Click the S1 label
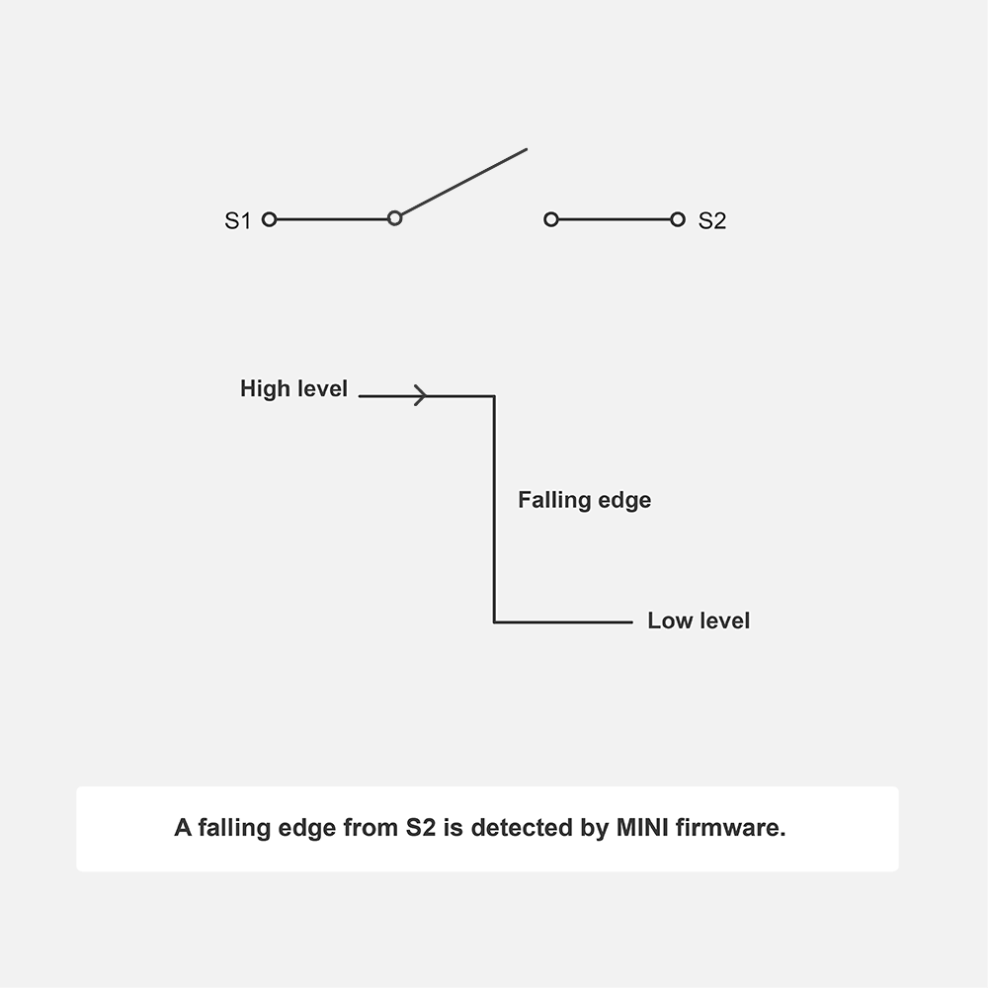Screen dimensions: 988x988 (x=238, y=220)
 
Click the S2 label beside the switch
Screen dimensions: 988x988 (x=711, y=220)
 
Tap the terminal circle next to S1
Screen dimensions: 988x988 (x=269, y=219)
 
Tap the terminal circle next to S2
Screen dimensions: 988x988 (x=677, y=219)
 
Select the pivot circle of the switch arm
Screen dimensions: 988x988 (x=394, y=218)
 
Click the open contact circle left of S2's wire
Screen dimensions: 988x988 (x=551, y=219)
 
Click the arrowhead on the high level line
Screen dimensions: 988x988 (x=421, y=396)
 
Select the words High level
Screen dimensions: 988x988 (x=293, y=389)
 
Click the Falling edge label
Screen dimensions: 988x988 (x=584, y=500)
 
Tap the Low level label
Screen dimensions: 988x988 (x=699, y=620)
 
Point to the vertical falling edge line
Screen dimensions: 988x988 (x=494, y=509)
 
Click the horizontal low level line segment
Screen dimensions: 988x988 (x=563, y=622)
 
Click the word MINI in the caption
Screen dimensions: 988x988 (x=643, y=828)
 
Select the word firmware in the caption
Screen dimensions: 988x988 (x=732, y=828)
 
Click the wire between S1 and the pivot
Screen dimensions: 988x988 (x=331, y=219)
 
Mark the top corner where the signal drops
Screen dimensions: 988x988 (x=494, y=396)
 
